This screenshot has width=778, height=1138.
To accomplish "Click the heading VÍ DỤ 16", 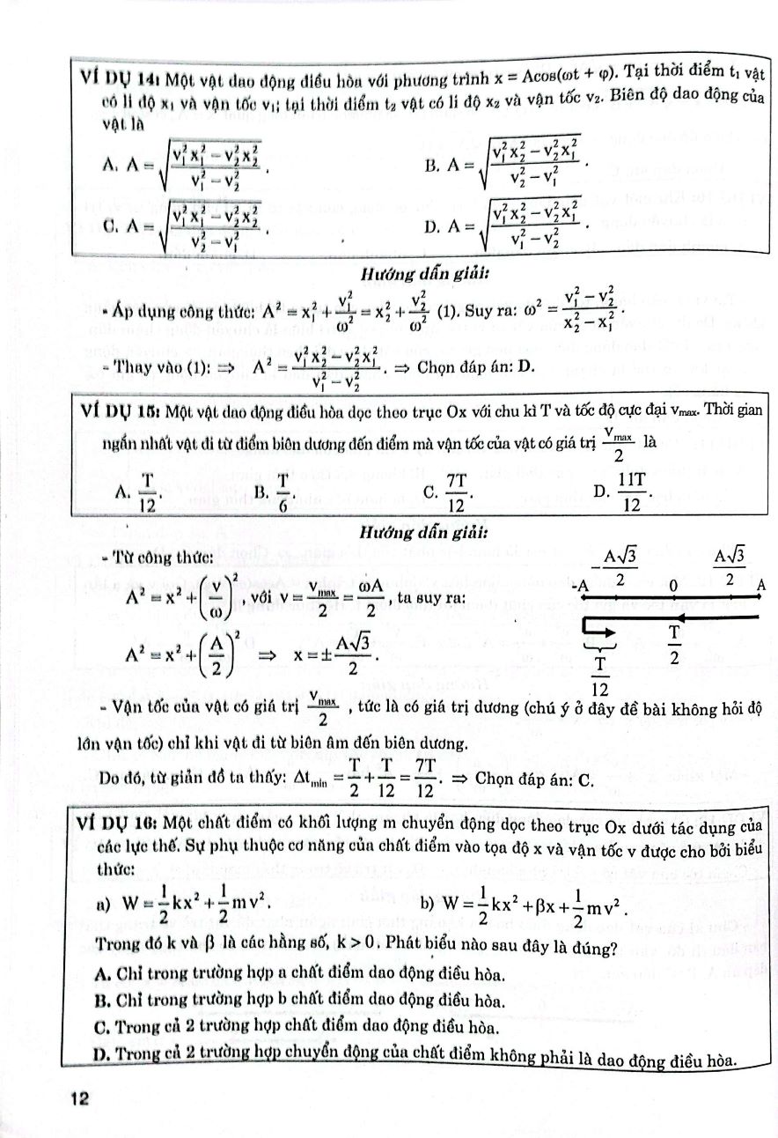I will tap(114, 824).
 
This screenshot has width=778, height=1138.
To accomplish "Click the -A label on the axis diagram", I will tap(580, 587).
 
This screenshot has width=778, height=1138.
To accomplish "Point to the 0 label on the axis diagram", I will tap(673, 585).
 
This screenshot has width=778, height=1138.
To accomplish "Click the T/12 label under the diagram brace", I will tap(602, 675).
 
